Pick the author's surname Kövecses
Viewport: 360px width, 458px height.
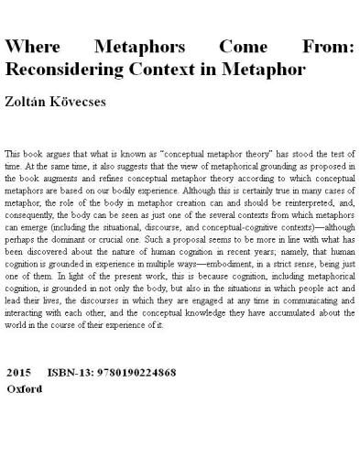pyautogui.click(x=93, y=102)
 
